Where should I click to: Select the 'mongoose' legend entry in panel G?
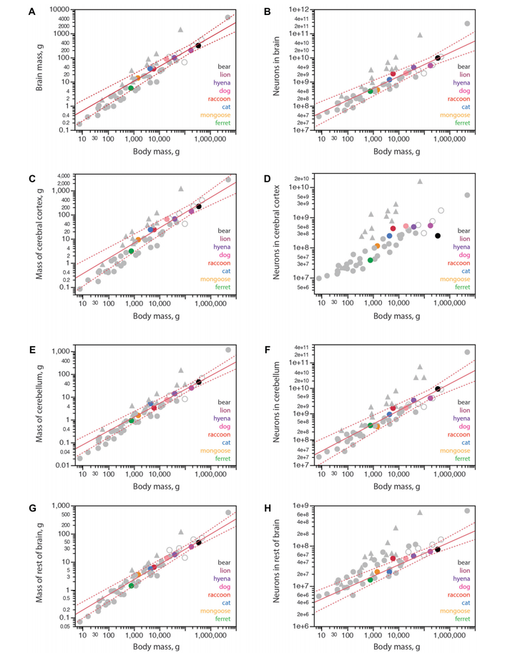point(213,609)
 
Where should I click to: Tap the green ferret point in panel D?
point(370,260)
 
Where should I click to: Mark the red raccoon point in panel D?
point(393,228)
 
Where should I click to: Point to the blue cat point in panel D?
point(389,236)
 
